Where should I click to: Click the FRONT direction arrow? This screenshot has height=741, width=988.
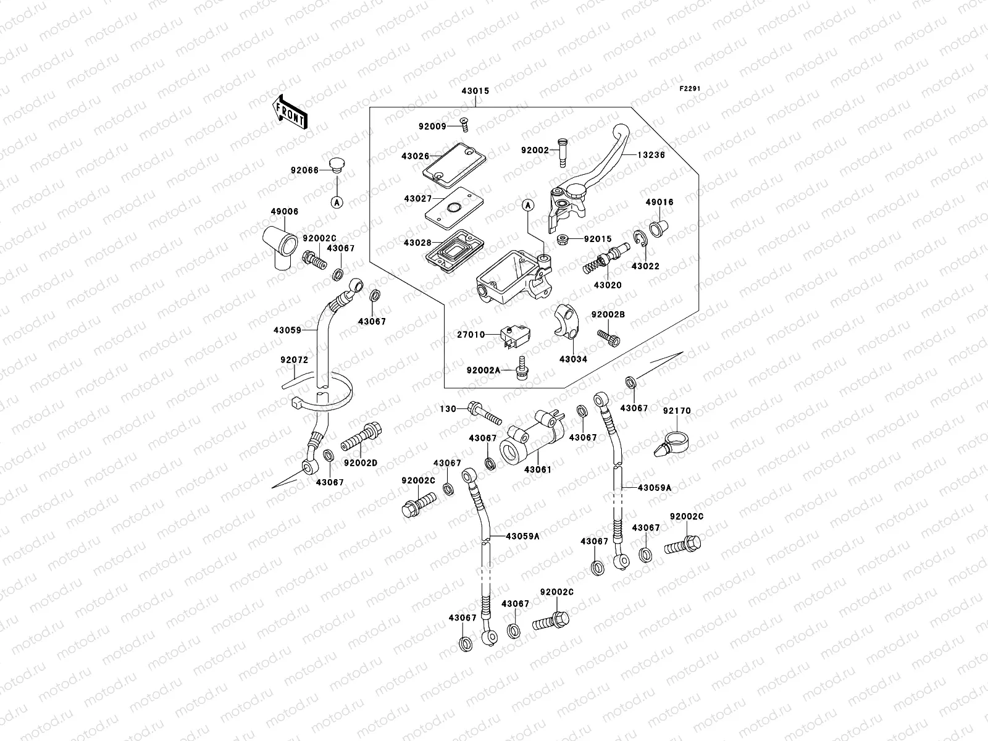coord(290,112)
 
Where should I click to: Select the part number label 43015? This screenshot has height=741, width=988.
coord(475,91)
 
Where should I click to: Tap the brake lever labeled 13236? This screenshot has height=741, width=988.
coord(590,177)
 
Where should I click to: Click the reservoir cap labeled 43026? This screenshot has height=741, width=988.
coord(454,165)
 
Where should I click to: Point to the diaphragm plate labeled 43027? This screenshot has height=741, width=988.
coord(454,209)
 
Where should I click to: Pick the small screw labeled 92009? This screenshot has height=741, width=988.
coord(464,125)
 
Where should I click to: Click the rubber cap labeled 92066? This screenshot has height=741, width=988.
coord(336,165)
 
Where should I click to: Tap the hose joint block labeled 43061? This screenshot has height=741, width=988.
coord(531,436)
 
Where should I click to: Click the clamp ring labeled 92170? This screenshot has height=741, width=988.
coord(671,444)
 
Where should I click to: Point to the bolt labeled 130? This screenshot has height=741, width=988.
coord(485,413)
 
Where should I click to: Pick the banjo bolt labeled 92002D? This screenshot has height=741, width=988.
coord(361,436)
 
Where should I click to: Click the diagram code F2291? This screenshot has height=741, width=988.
coord(690,89)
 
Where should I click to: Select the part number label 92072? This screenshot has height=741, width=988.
coord(295,360)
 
